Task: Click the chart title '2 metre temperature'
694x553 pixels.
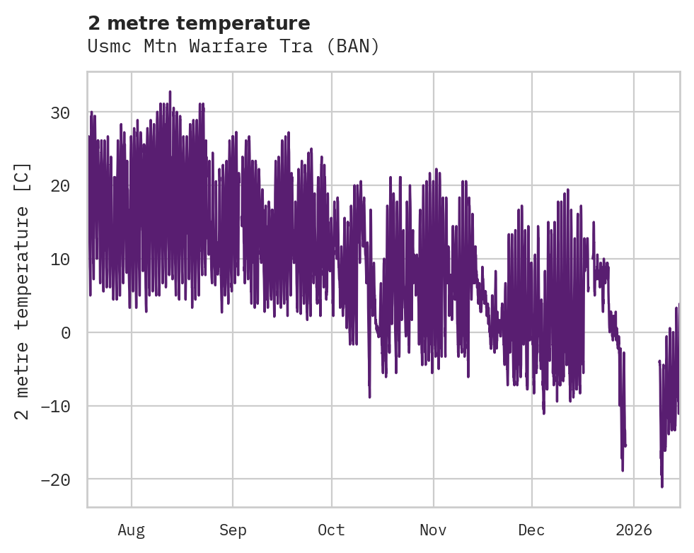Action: point(199,23)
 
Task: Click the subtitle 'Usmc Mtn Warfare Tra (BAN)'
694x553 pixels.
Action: point(233,47)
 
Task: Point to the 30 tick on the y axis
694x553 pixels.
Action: point(59,112)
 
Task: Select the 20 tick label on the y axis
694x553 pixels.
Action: point(59,186)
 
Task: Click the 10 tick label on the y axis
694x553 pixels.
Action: point(59,260)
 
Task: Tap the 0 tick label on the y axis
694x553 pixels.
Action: point(66,333)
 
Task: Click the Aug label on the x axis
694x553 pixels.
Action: point(132,530)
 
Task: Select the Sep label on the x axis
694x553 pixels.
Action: point(233,530)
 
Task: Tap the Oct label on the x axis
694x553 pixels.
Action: point(331,530)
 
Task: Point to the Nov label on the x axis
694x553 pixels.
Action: point(433,530)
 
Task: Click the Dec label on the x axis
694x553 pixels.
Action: point(531,530)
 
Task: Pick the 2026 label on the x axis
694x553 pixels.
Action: point(633,530)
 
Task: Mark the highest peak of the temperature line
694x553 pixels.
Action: point(170,91)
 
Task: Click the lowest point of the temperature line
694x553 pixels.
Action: point(662,487)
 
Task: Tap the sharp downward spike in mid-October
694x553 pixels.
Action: point(369,397)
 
